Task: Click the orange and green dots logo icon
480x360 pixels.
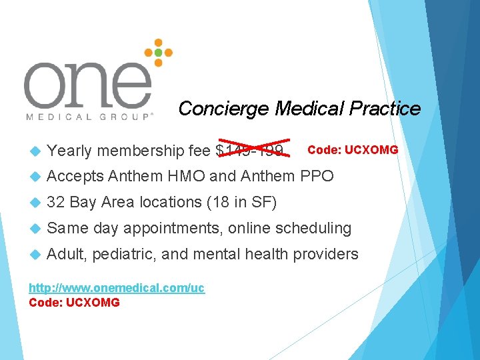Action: pos(158,52)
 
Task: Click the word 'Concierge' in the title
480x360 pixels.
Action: pos(224,108)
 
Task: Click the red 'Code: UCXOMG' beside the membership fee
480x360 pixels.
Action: pos(353,149)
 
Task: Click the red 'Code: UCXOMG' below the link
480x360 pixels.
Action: pos(75,303)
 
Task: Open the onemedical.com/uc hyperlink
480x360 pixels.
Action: pos(117,288)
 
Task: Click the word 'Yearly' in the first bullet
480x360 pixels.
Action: pos(70,150)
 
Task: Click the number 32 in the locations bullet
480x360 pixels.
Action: pos(56,202)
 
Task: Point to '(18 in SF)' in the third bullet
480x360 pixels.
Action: pos(242,202)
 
